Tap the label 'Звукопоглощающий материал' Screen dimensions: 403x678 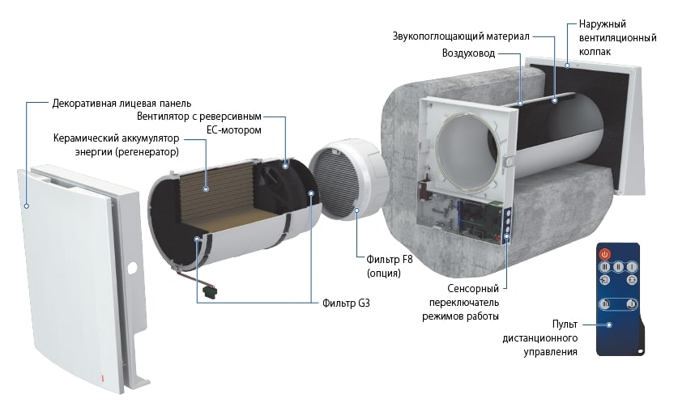pos(460,36)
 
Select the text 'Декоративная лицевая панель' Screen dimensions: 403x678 pos(122,104)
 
